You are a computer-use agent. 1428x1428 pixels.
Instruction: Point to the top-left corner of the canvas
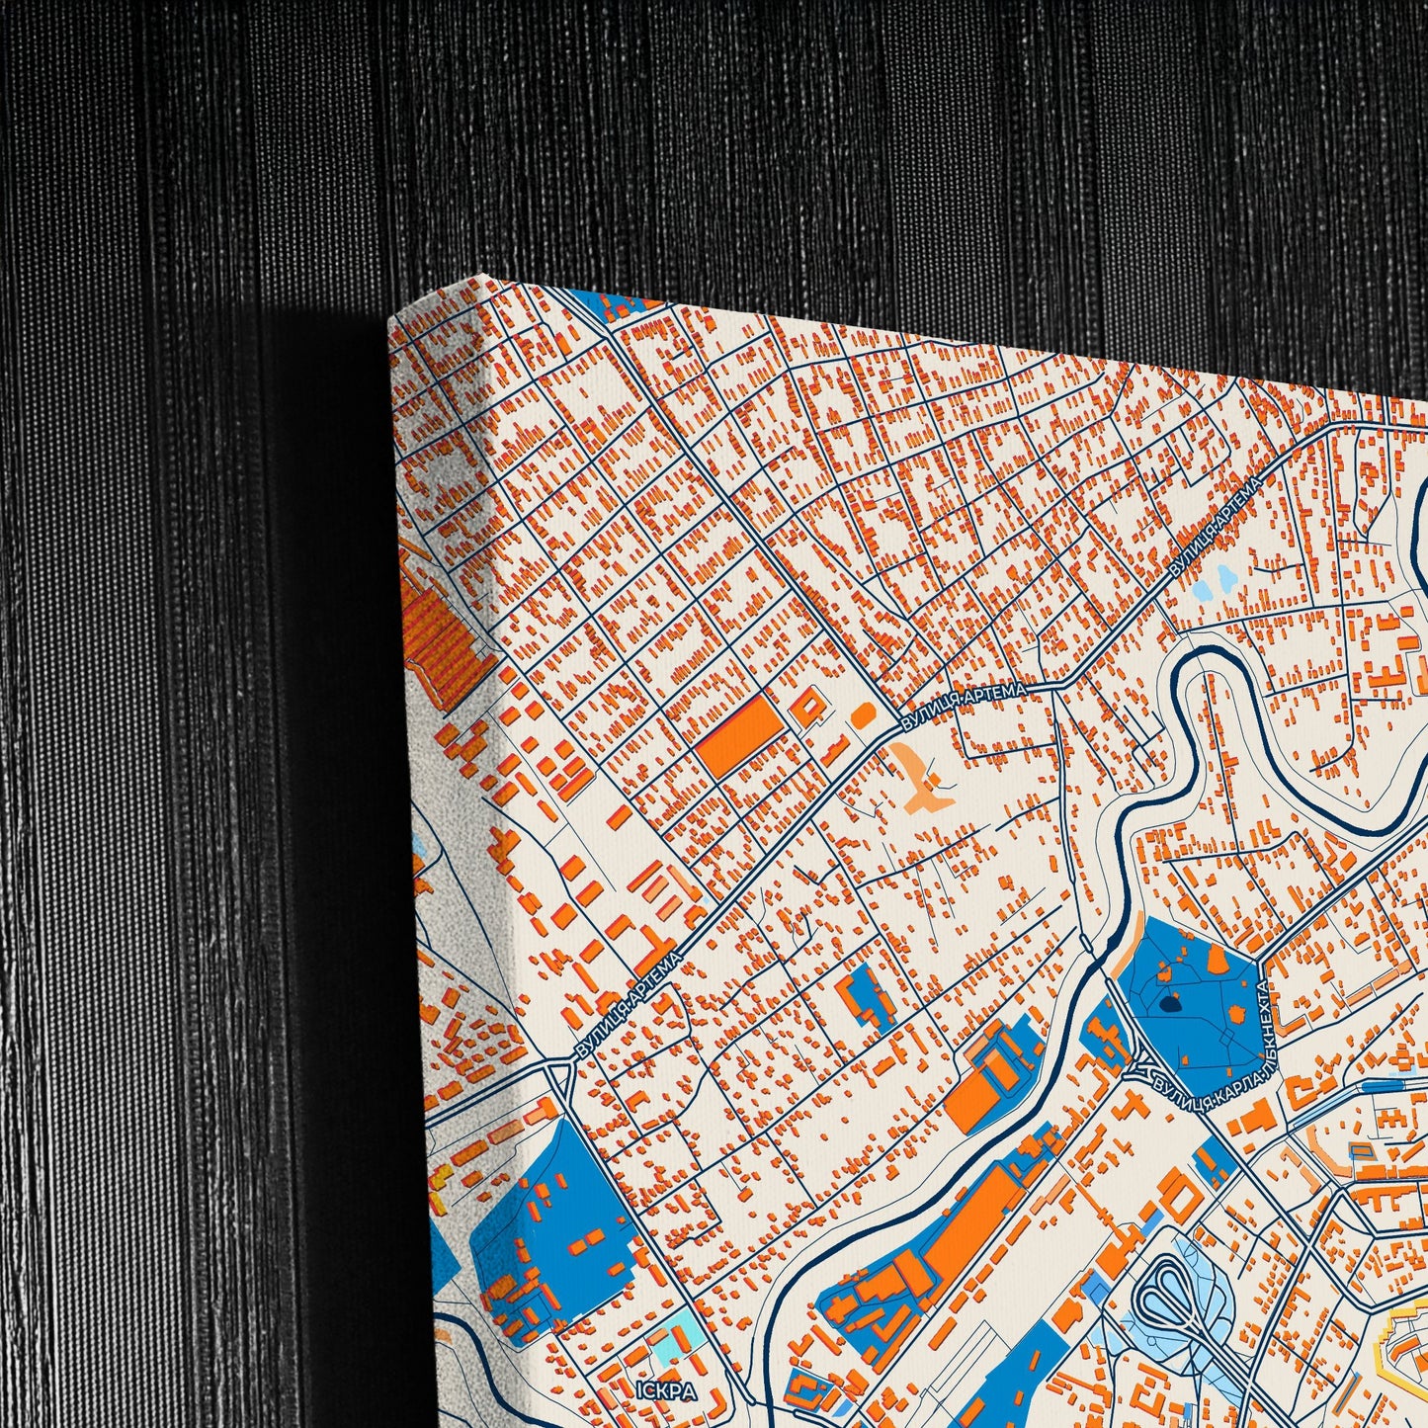(x=392, y=321)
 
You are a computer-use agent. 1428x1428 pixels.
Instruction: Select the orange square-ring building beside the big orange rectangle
(x=807, y=704)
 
